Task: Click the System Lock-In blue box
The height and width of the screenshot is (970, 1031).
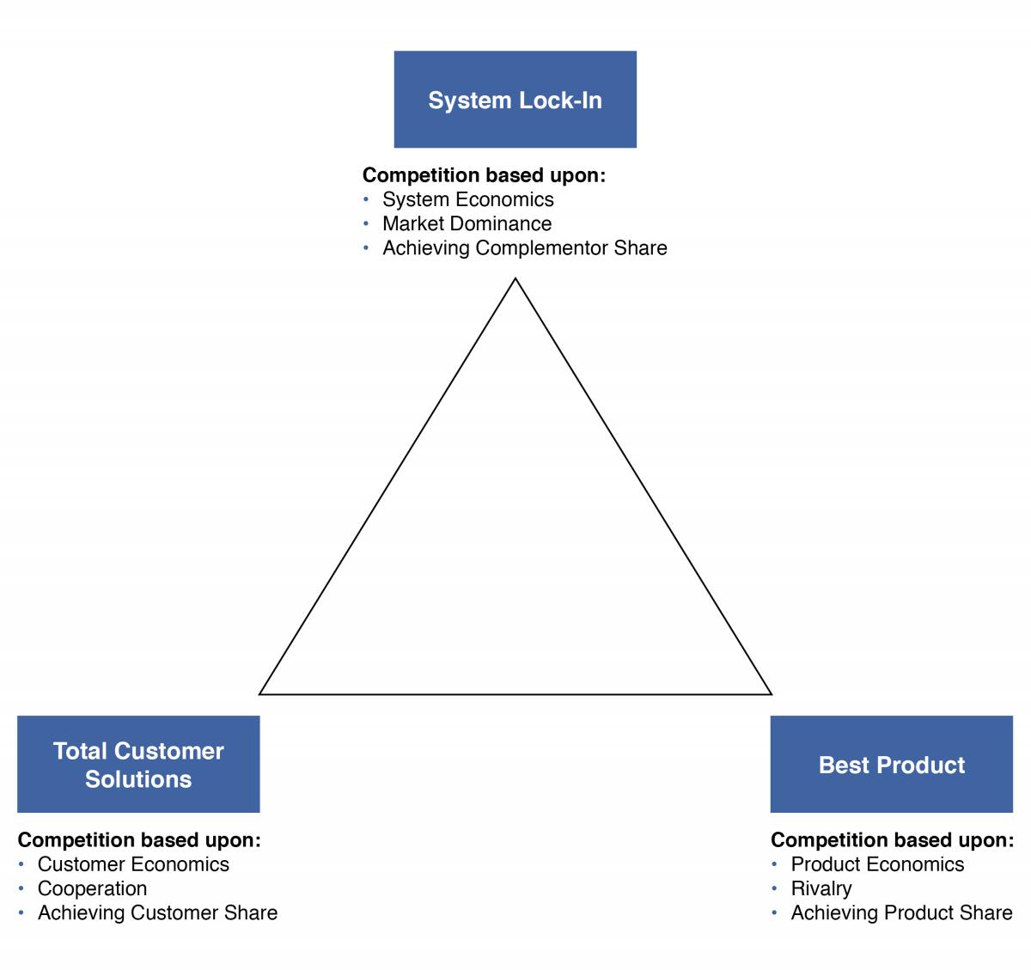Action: click(x=515, y=100)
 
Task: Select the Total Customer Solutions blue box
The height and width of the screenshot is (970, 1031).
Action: click(x=138, y=764)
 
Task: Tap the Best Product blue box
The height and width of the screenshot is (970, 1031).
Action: click(x=891, y=764)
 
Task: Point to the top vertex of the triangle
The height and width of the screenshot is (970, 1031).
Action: click(x=515, y=279)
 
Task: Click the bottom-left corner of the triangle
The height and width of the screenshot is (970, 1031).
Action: click(x=260, y=692)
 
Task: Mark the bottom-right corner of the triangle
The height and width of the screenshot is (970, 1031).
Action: click(x=771, y=692)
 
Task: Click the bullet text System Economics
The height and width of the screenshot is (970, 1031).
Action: click(x=467, y=199)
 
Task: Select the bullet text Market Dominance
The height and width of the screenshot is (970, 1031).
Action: click(x=467, y=223)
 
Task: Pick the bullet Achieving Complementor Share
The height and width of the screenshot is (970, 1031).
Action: click(x=524, y=247)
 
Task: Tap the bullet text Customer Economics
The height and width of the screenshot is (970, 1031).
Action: click(x=133, y=864)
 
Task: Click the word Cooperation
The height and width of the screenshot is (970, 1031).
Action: click(x=92, y=888)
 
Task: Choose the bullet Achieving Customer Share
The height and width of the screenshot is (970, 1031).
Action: click(x=157, y=912)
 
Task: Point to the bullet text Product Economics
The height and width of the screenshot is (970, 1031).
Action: click(x=877, y=864)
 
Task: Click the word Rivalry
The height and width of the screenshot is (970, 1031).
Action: click(x=821, y=888)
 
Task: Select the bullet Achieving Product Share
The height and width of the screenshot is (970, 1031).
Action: click(x=901, y=912)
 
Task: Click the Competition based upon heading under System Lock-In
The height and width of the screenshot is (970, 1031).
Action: click(x=484, y=175)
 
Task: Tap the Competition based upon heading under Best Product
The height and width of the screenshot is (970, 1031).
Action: click(x=892, y=840)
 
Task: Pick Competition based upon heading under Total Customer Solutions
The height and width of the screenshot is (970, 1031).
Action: click(x=139, y=840)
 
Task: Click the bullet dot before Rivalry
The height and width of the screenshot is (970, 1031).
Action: click(x=775, y=888)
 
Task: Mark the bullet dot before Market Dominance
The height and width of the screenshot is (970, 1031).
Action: click(x=366, y=223)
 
